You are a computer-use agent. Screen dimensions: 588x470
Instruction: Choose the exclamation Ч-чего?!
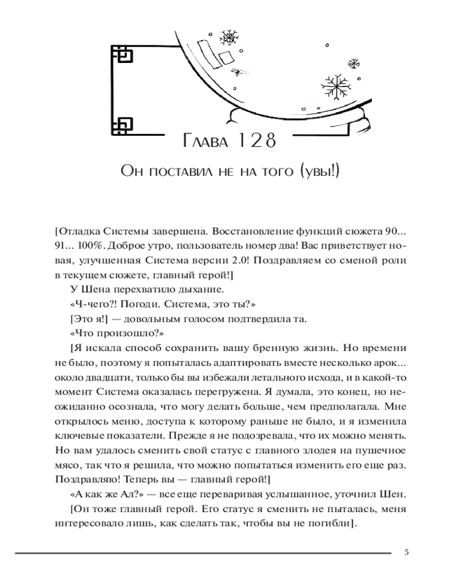pyautogui.click(x=92, y=306)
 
